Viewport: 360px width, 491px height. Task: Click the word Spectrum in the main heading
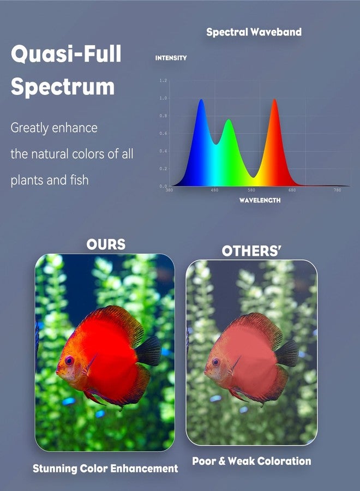[63, 87]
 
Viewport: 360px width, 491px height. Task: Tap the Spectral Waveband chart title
[254, 32]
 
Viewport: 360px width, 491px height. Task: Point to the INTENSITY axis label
[171, 58]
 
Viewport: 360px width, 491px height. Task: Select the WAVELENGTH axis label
[260, 200]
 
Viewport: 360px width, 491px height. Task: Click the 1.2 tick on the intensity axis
[163, 81]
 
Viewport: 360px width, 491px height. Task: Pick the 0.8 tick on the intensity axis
[163, 116]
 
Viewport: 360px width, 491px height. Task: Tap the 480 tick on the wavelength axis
[214, 190]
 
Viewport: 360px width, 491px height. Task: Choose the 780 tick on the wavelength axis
[337, 190]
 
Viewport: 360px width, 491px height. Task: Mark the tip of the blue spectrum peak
[201, 100]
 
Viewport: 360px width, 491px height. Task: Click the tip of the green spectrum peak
[229, 120]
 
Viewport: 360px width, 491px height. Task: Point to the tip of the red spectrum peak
[274, 99]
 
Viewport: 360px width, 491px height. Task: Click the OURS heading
[106, 244]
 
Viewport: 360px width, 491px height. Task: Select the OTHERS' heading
[250, 251]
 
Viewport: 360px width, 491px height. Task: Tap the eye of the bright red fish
[69, 361]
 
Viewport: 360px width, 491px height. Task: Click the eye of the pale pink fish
[215, 362]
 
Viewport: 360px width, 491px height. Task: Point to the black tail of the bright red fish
[149, 351]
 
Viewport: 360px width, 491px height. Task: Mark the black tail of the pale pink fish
[287, 353]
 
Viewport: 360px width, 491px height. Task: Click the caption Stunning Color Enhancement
[105, 468]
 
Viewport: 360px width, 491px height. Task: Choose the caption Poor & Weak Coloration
[251, 461]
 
